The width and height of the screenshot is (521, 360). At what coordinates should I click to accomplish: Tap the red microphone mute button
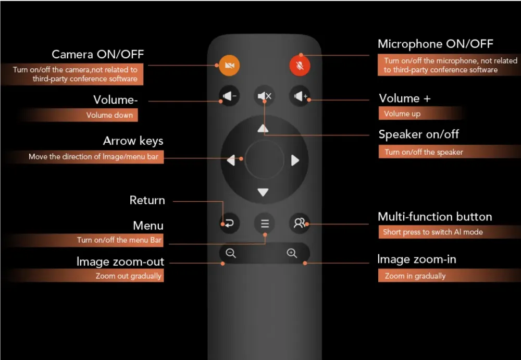point(300,65)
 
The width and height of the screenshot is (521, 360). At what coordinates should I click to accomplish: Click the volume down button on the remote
point(229,96)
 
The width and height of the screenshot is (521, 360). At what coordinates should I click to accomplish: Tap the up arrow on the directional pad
point(264,128)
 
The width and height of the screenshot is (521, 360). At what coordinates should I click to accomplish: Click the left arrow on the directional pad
point(231,160)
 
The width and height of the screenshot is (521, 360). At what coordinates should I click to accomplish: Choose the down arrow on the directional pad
point(264,193)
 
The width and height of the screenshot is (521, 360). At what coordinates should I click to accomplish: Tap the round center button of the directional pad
point(264,160)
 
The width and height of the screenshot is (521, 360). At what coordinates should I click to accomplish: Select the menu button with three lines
point(265,224)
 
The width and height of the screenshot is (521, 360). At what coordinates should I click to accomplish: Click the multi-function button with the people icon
point(299,224)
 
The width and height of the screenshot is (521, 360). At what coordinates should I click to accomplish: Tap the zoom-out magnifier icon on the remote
point(231,254)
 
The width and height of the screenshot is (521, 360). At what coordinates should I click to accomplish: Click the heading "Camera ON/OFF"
point(97,54)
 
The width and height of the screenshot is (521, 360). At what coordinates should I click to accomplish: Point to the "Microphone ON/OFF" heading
point(435,44)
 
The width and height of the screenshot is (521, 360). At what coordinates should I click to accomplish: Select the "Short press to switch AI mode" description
point(433,232)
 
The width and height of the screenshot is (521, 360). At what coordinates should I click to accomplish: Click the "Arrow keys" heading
point(133,141)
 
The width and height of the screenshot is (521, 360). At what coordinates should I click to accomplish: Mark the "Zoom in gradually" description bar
point(415,276)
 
